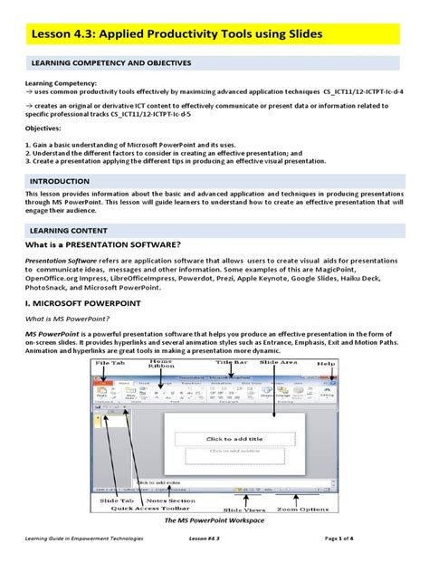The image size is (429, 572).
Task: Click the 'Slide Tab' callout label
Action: (x=115, y=500)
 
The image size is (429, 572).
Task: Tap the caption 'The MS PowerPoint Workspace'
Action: (x=214, y=524)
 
